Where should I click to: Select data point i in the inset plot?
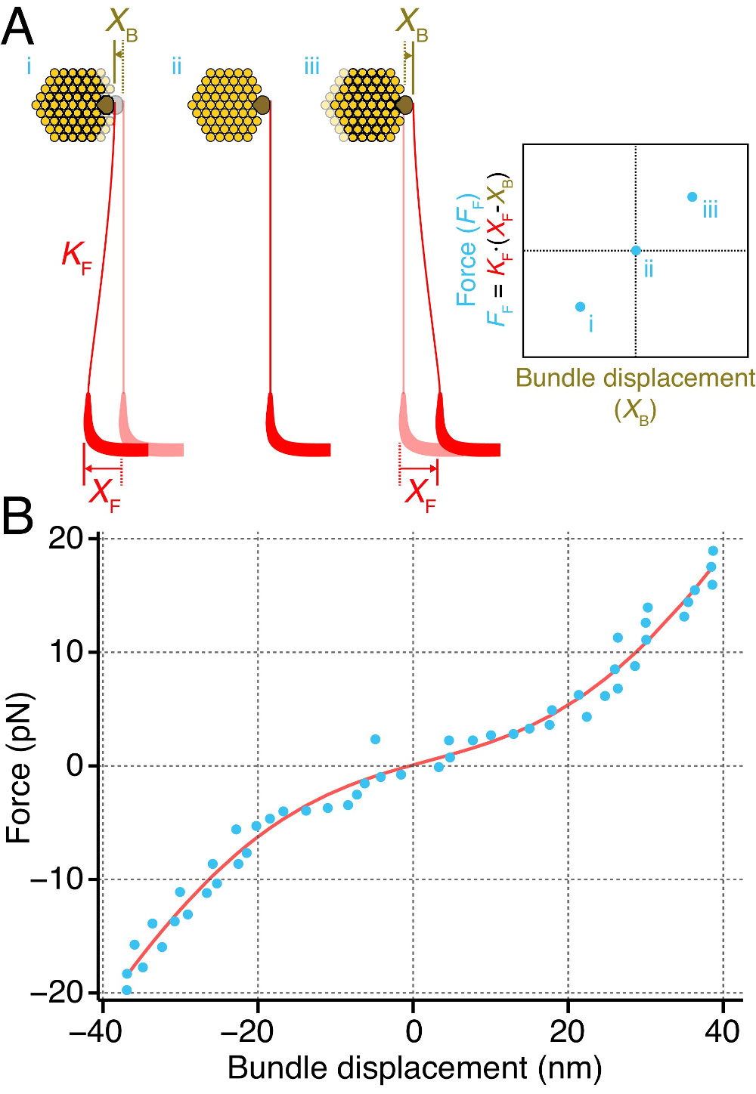pos(580,307)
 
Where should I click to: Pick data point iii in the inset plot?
pos(692,197)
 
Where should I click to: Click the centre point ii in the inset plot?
pos(636,250)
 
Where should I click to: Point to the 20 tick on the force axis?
pos(66,539)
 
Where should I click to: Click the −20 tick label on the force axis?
pos(56,992)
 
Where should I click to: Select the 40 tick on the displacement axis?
pos(723,1031)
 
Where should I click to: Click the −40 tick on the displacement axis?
pos(95,1031)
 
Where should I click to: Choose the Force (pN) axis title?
pos(18,768)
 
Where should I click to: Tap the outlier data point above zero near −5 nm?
pos(375,739)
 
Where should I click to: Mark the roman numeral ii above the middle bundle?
pos(176,66)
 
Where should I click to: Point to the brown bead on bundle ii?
pos(262,105)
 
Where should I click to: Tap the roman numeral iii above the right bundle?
pos(311,66)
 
